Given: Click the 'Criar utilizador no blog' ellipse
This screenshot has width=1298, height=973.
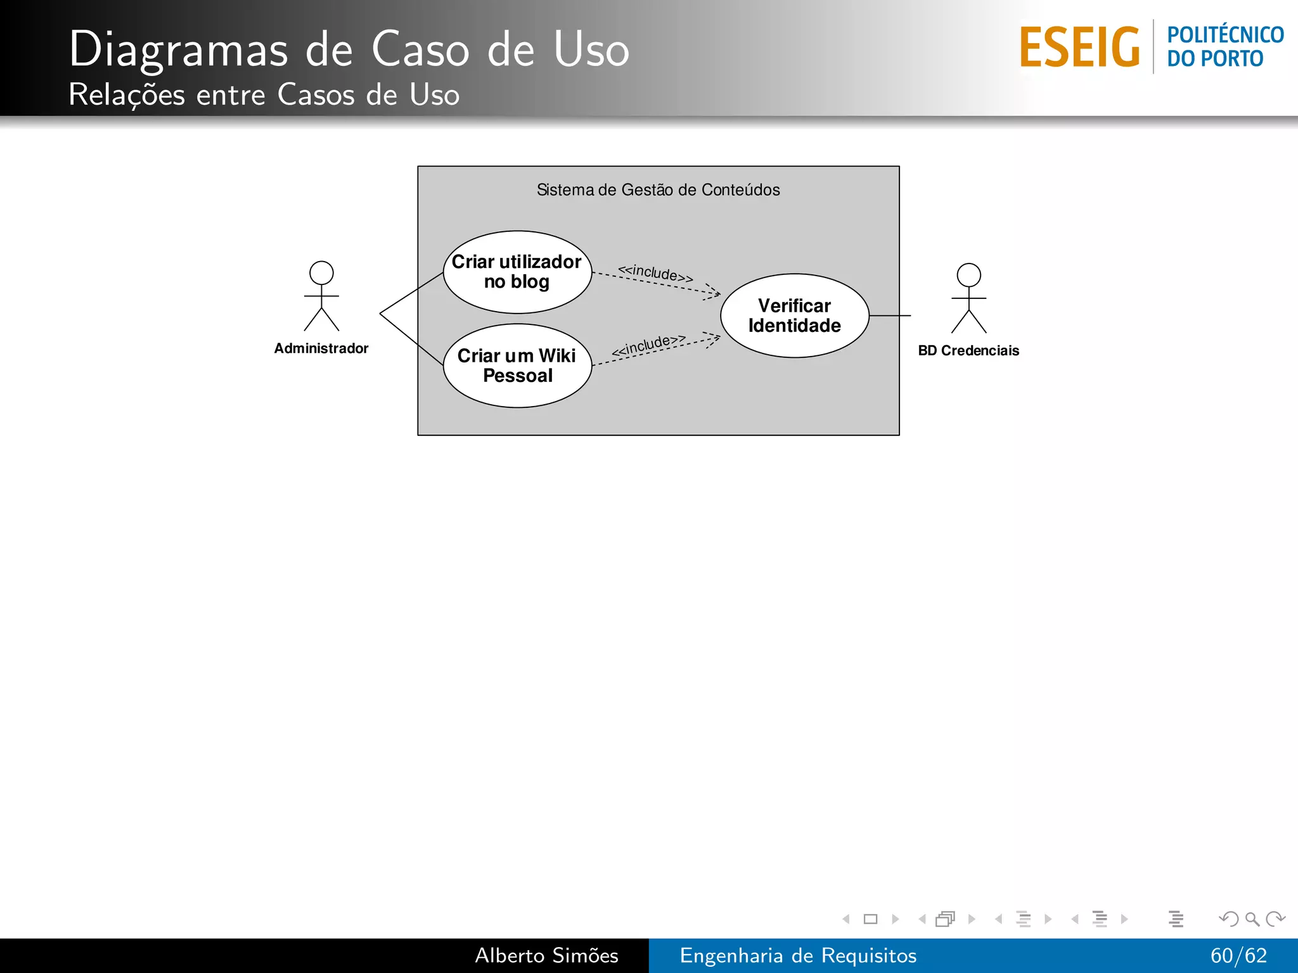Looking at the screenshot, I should pyautogui.click(x=517, y=272).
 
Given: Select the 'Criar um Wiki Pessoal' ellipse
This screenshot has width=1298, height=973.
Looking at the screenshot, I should pyautogui.click(x=517, y=366).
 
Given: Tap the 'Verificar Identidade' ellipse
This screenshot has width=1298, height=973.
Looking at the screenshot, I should pyautogui.click(x=794, y=315).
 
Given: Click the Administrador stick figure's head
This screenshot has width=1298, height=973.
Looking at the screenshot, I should pyautogui.click(x=321, y=273).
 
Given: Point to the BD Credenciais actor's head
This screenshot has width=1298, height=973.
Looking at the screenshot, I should pyautogui.click(x=968, y=276).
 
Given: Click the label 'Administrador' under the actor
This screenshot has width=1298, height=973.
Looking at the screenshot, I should pyautogui.click(x=321, y=348).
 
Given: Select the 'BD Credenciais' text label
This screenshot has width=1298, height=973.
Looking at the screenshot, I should pyautogui.click(x=968, y=351).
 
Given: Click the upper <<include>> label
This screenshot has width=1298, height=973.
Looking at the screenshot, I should pyautogui.click(x=655, y=274).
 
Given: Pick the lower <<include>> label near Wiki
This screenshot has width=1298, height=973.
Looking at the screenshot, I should pyautogui.click(x=648, y=345).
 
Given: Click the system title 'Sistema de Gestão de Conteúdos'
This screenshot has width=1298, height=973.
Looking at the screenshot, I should pyautogui.click(x=658, y=190).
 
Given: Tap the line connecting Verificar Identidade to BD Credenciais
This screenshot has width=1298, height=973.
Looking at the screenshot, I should pyautogui.click(x=890, y=315).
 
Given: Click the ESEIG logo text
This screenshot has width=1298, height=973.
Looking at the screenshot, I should pyautogui.click(x=1079, y=48).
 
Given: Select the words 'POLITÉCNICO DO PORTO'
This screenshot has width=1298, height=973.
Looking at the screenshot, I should pyautogui.click(x=1224, y=47).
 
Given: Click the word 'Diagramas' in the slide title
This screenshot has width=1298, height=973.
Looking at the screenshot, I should pyautogui.click(x=178, y=49).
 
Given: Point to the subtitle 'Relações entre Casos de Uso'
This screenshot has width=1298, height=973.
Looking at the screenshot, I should pyautogui.click(x=264, y=95).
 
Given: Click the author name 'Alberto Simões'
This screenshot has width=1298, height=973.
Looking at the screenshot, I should pyautogui.click(x=546, y=955).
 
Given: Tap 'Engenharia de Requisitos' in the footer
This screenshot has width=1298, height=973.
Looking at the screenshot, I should pyautogui.click(x=798, y=955).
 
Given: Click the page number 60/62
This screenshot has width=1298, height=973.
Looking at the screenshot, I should pyautogui.click(x=1238, y=955).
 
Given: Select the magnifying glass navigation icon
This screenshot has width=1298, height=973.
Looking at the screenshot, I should pyautogui.click(x=1252, y=919).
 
